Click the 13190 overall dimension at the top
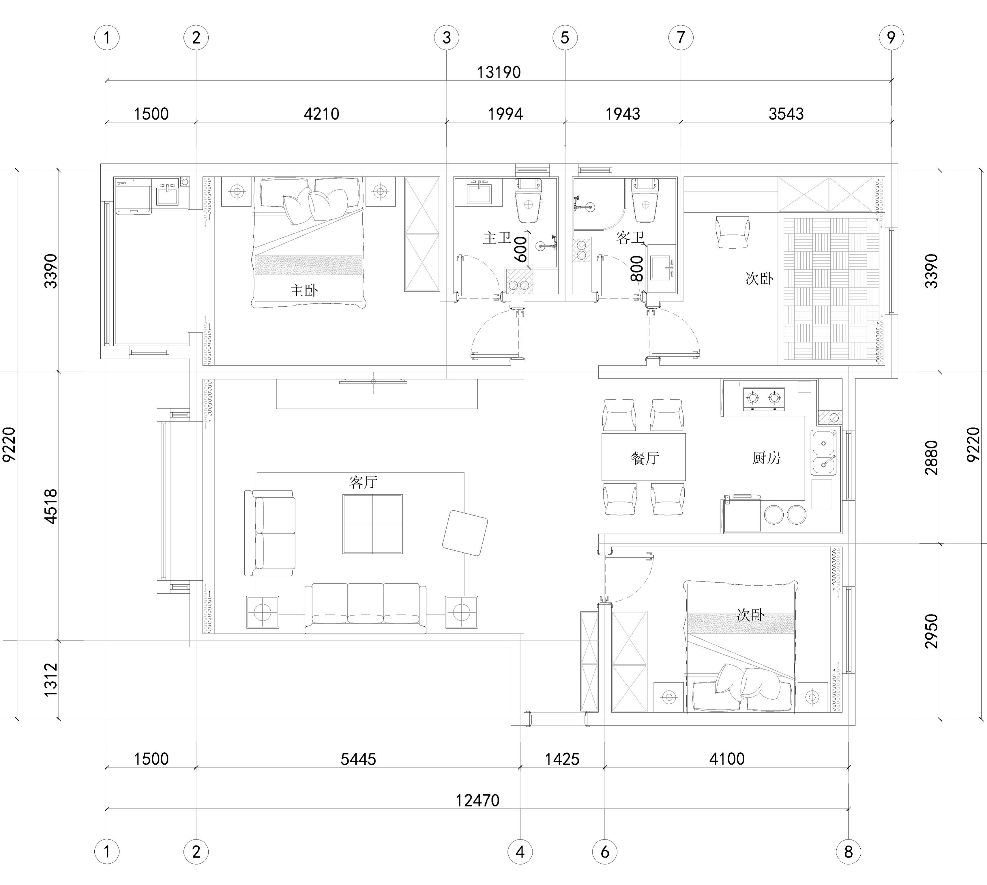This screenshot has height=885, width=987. click(499, 72)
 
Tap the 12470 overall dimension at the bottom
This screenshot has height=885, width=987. click(477, 800)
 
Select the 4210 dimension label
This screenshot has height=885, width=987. click(321, 114)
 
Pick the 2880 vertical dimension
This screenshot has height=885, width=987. click(932, 458)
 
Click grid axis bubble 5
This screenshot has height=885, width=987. click(565, 38)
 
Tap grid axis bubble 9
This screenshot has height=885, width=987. click(891, 38)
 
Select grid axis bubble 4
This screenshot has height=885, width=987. click(520, 852)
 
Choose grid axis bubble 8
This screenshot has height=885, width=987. click(849, 852)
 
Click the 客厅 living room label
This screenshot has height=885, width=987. click(364, 482)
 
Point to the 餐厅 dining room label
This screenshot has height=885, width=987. click(645, 458)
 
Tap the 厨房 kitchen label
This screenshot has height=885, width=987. click(766, 458)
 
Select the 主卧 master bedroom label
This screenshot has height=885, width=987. click(304, 291)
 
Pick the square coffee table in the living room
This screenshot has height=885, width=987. click(372, 524)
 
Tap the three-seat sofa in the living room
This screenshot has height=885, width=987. click(366, 608)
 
